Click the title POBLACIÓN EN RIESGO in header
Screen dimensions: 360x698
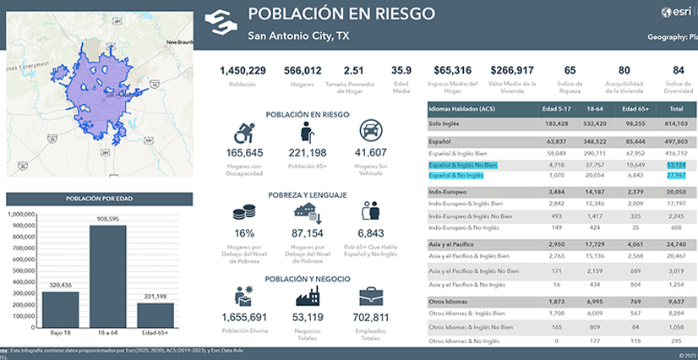pyautogui.click(x=341, y=14)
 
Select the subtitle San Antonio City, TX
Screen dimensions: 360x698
pyautogui.click(x=298, y=36)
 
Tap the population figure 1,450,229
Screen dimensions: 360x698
pyautogui.click(x=243, y=71)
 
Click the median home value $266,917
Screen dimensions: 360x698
pyautogui.click(x=512, y=71)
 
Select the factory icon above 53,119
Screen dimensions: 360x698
pyautogui.click(x=307, y=297)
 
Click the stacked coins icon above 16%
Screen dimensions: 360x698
pyautogui.click(x=245, y=214)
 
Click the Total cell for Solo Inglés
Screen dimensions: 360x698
pyautogui.click(x=675, y=123)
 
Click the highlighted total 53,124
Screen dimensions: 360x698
pyautogui.click(x=676, y=165)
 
